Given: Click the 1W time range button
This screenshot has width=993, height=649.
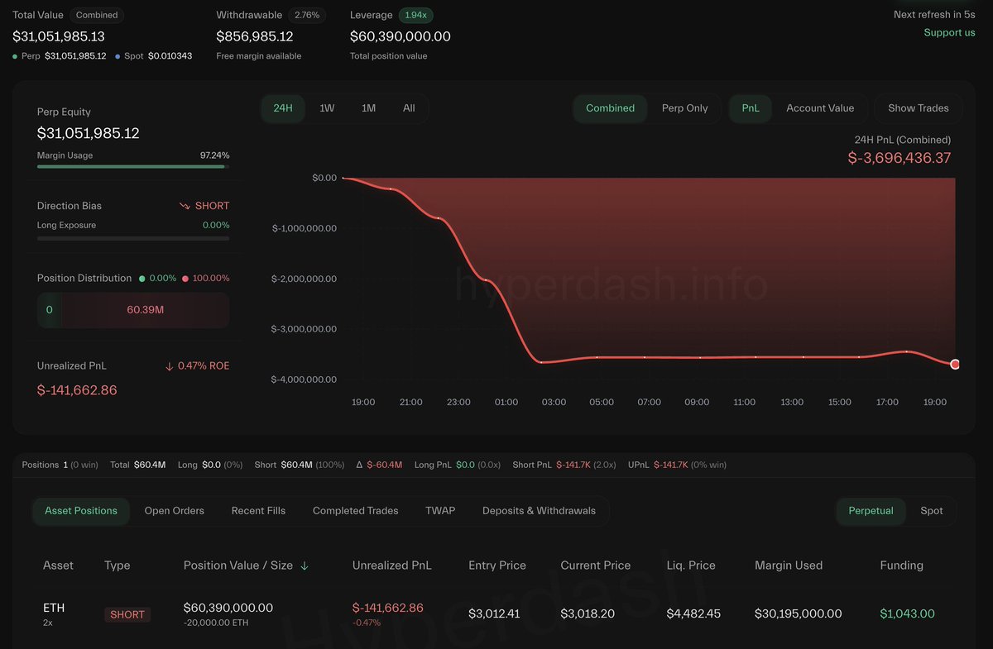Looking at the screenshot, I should coord(327,108).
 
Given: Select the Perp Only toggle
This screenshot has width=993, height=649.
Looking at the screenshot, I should coord(684,108).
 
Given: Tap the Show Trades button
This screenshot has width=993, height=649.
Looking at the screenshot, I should coord(918,108).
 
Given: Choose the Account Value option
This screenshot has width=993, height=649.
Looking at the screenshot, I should coord(819,108).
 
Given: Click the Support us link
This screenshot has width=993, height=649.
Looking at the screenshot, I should coord(949,33).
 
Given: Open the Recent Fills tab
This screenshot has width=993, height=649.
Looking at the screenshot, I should coord(258,511).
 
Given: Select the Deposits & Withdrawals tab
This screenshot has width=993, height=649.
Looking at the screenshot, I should coord(539,511).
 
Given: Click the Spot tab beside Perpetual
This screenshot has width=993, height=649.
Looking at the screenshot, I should coord(931,511).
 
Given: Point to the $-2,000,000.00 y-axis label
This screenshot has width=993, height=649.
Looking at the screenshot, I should coord(305,279).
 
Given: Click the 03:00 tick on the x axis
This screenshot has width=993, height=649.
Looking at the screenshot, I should coord(554,402).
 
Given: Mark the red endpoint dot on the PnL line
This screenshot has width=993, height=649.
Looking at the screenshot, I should coord(955,364).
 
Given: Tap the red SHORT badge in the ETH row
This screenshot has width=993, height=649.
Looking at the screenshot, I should coord(127,614).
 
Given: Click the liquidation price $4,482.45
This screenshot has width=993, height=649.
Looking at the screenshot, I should coord(693,613).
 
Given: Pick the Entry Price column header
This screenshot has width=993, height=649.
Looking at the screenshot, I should coord(496,565).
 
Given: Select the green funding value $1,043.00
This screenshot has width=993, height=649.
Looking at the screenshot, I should coord(907,613).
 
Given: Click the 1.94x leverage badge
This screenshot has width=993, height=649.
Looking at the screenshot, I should coord(415,15).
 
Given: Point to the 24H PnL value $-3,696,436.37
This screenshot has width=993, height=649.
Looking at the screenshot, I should coord(899,158).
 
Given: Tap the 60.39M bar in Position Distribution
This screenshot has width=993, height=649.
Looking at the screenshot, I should coord(145,310).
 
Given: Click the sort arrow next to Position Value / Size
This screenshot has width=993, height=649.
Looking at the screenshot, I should coord(305,565).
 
